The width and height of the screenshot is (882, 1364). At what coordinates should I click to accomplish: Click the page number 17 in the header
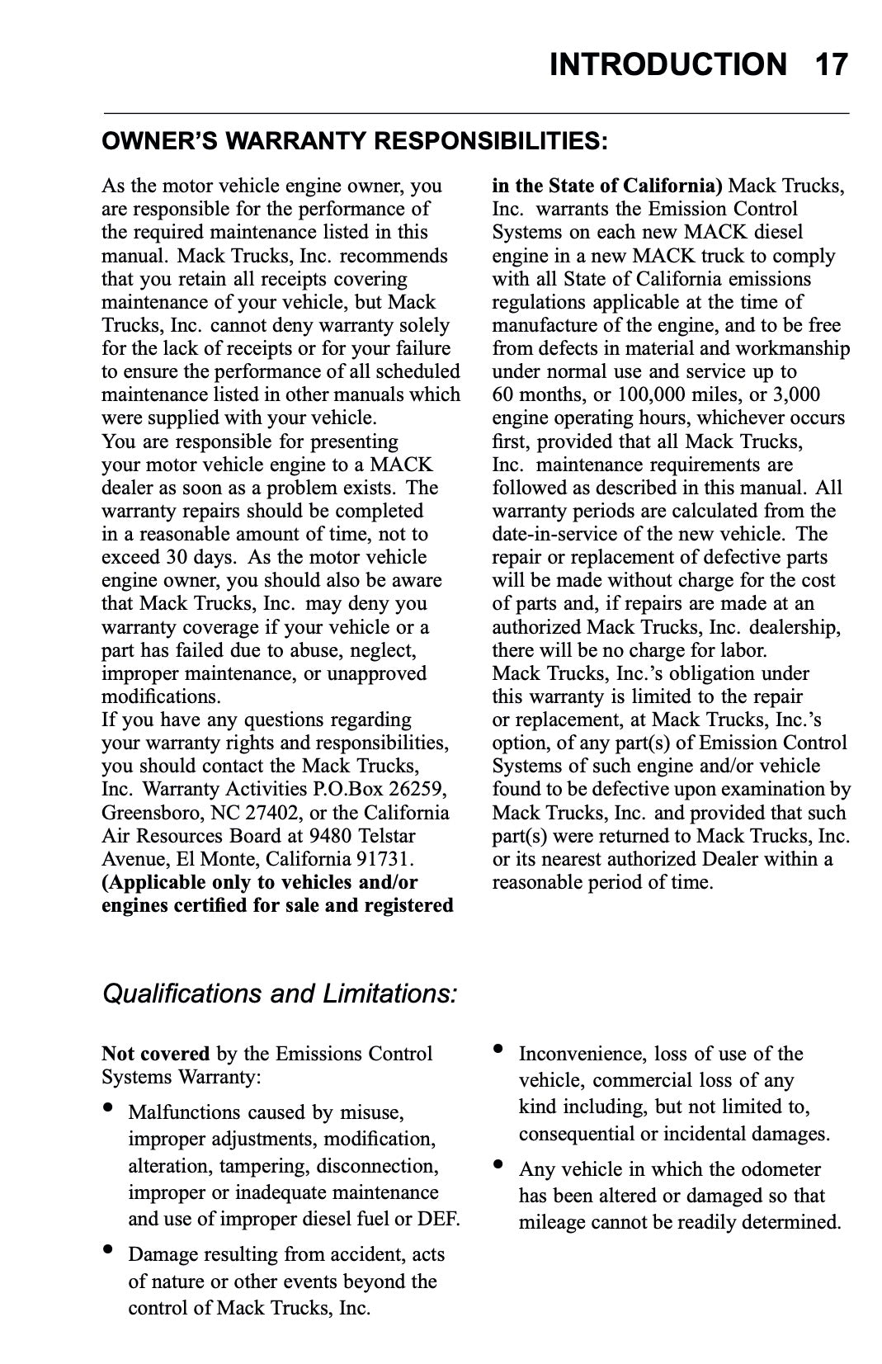click(831, 64)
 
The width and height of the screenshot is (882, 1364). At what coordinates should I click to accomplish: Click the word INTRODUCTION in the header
click(668, 64)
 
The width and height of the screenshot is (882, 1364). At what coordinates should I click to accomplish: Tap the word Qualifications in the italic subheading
click(182, 994)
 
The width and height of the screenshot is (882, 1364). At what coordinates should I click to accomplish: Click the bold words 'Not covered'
click(155, 1054)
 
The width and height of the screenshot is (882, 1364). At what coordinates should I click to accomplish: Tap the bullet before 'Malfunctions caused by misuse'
click(107, 1108)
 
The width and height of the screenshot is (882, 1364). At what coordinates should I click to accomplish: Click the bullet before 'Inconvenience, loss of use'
click(498, 1050)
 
